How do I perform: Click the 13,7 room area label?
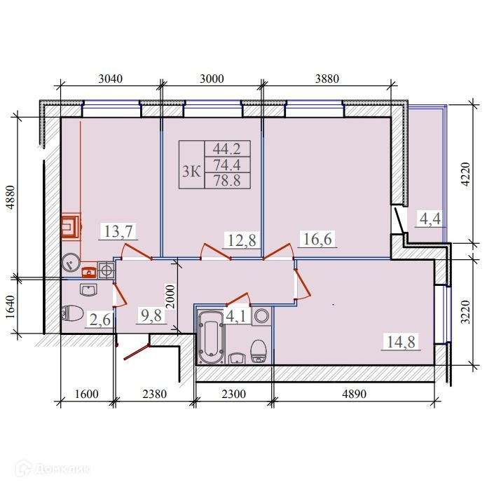coord(118,231)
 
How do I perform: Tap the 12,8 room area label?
coord(242,240)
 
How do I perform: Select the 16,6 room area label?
coord(317,239)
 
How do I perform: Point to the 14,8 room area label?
coord(401,342)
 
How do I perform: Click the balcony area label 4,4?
coord(430,219)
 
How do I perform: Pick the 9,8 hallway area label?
coord(151,315)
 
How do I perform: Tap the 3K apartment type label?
coord(191,171)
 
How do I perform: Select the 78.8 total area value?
coord(227,181)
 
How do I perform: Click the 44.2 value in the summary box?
coord(227,149)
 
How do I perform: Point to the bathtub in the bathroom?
coord(212,337)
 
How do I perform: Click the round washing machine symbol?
coord(262,316)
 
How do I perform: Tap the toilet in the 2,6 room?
coord(72,313)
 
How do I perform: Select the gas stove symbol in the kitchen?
coord(107,270)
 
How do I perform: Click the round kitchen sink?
coord(71,262)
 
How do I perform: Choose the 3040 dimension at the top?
coord(111,79)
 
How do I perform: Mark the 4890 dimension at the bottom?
coord(354,394)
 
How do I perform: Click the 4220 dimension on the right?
coord(466,174)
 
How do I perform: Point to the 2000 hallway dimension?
coord(170,296)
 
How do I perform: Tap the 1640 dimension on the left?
coord(11,307)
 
